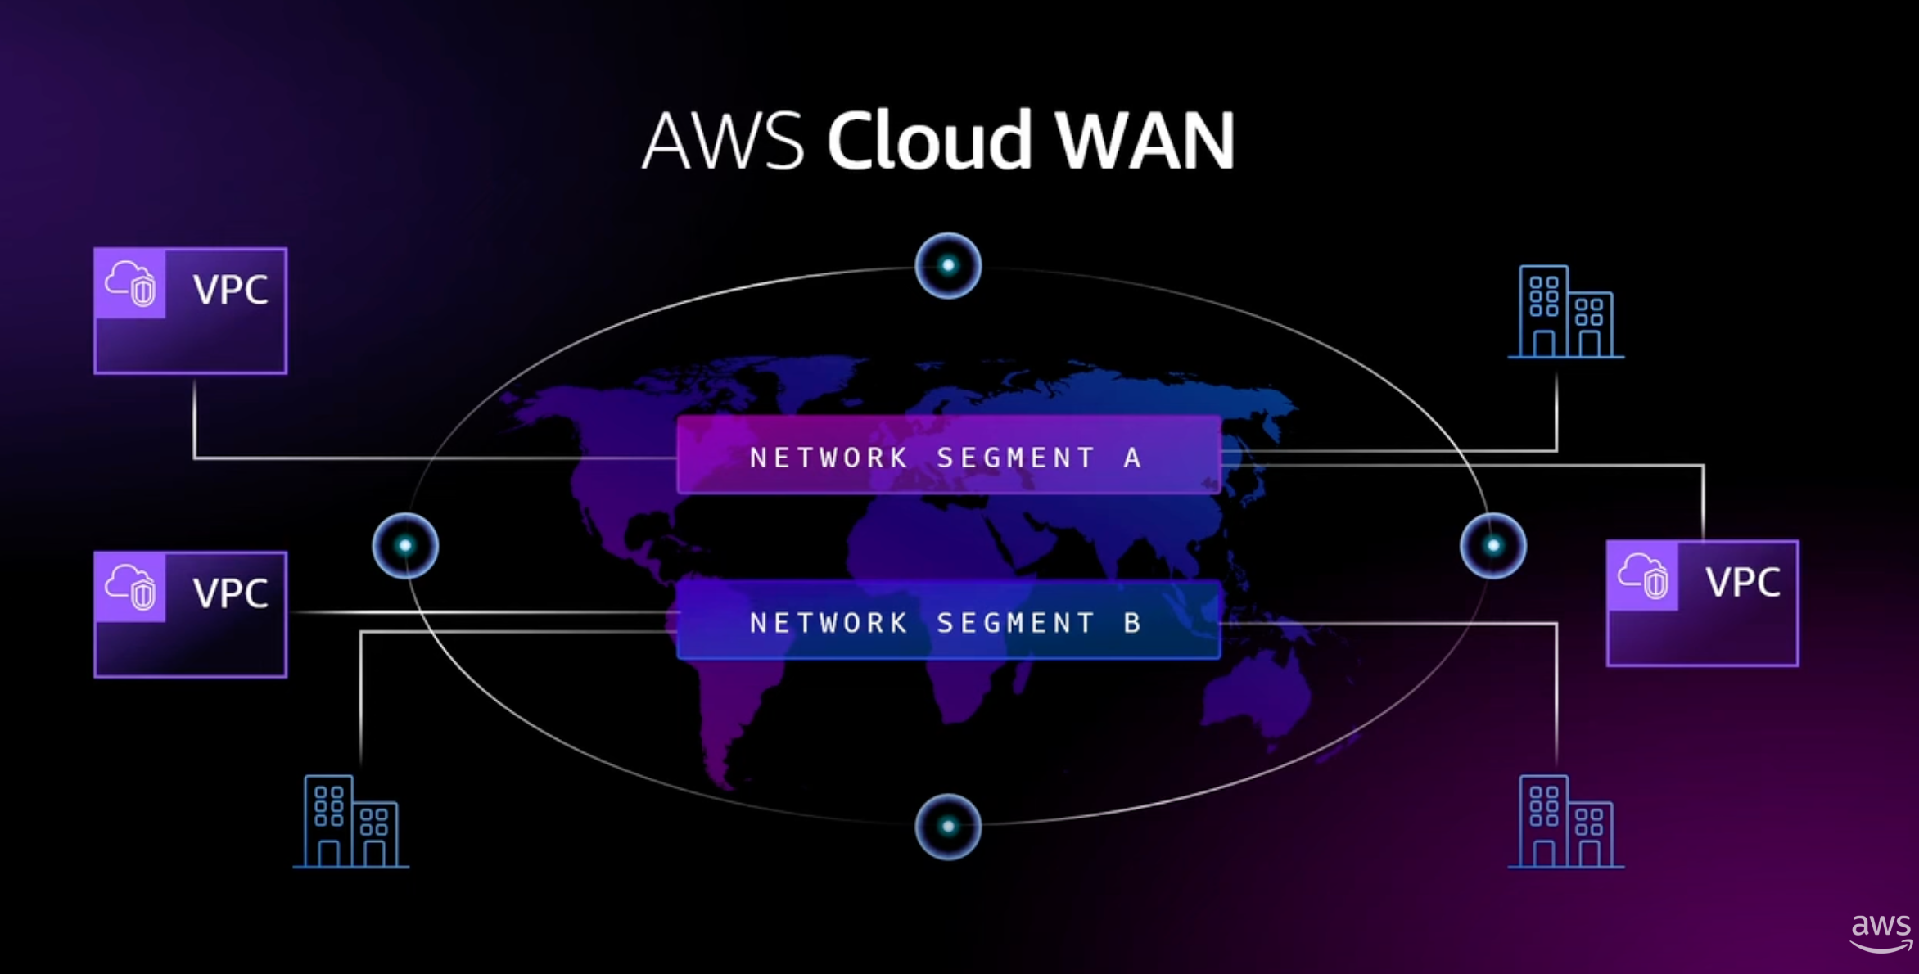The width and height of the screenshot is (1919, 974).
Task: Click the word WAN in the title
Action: pos(1145,141)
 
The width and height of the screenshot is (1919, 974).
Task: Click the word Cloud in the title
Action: pos(928,141)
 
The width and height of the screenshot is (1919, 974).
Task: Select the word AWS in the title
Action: pos(723,141)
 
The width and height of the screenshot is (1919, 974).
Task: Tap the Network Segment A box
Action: pos(948,455)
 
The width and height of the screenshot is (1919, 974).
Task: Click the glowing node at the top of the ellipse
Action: pos(948,265)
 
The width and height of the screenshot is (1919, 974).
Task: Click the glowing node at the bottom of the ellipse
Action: pos(948,827)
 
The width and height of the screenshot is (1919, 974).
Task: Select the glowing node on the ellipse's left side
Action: pos(405,545)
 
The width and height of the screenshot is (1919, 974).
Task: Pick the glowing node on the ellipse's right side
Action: pos(1492,545)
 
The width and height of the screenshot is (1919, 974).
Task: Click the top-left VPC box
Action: pos(191,311)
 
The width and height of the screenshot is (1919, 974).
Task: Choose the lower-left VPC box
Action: pos(191,614)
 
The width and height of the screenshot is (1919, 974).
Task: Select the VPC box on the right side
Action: pos(1702,603)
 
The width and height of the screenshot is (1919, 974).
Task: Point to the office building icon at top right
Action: pos(1565,312)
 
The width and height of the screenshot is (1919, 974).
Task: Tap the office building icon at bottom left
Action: pos(351,822)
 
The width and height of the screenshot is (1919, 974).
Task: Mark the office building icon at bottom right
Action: pos(1565,822)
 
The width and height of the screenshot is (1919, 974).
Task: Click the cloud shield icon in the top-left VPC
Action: pos(131,283)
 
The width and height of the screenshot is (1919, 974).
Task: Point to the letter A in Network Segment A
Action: pos(1132,458)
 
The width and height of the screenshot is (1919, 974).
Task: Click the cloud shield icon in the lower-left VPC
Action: pos(131,586)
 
